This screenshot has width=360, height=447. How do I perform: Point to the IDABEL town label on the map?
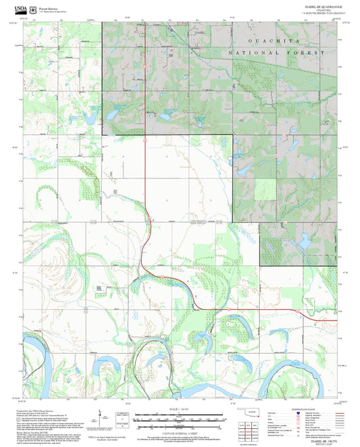coord(198,31)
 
